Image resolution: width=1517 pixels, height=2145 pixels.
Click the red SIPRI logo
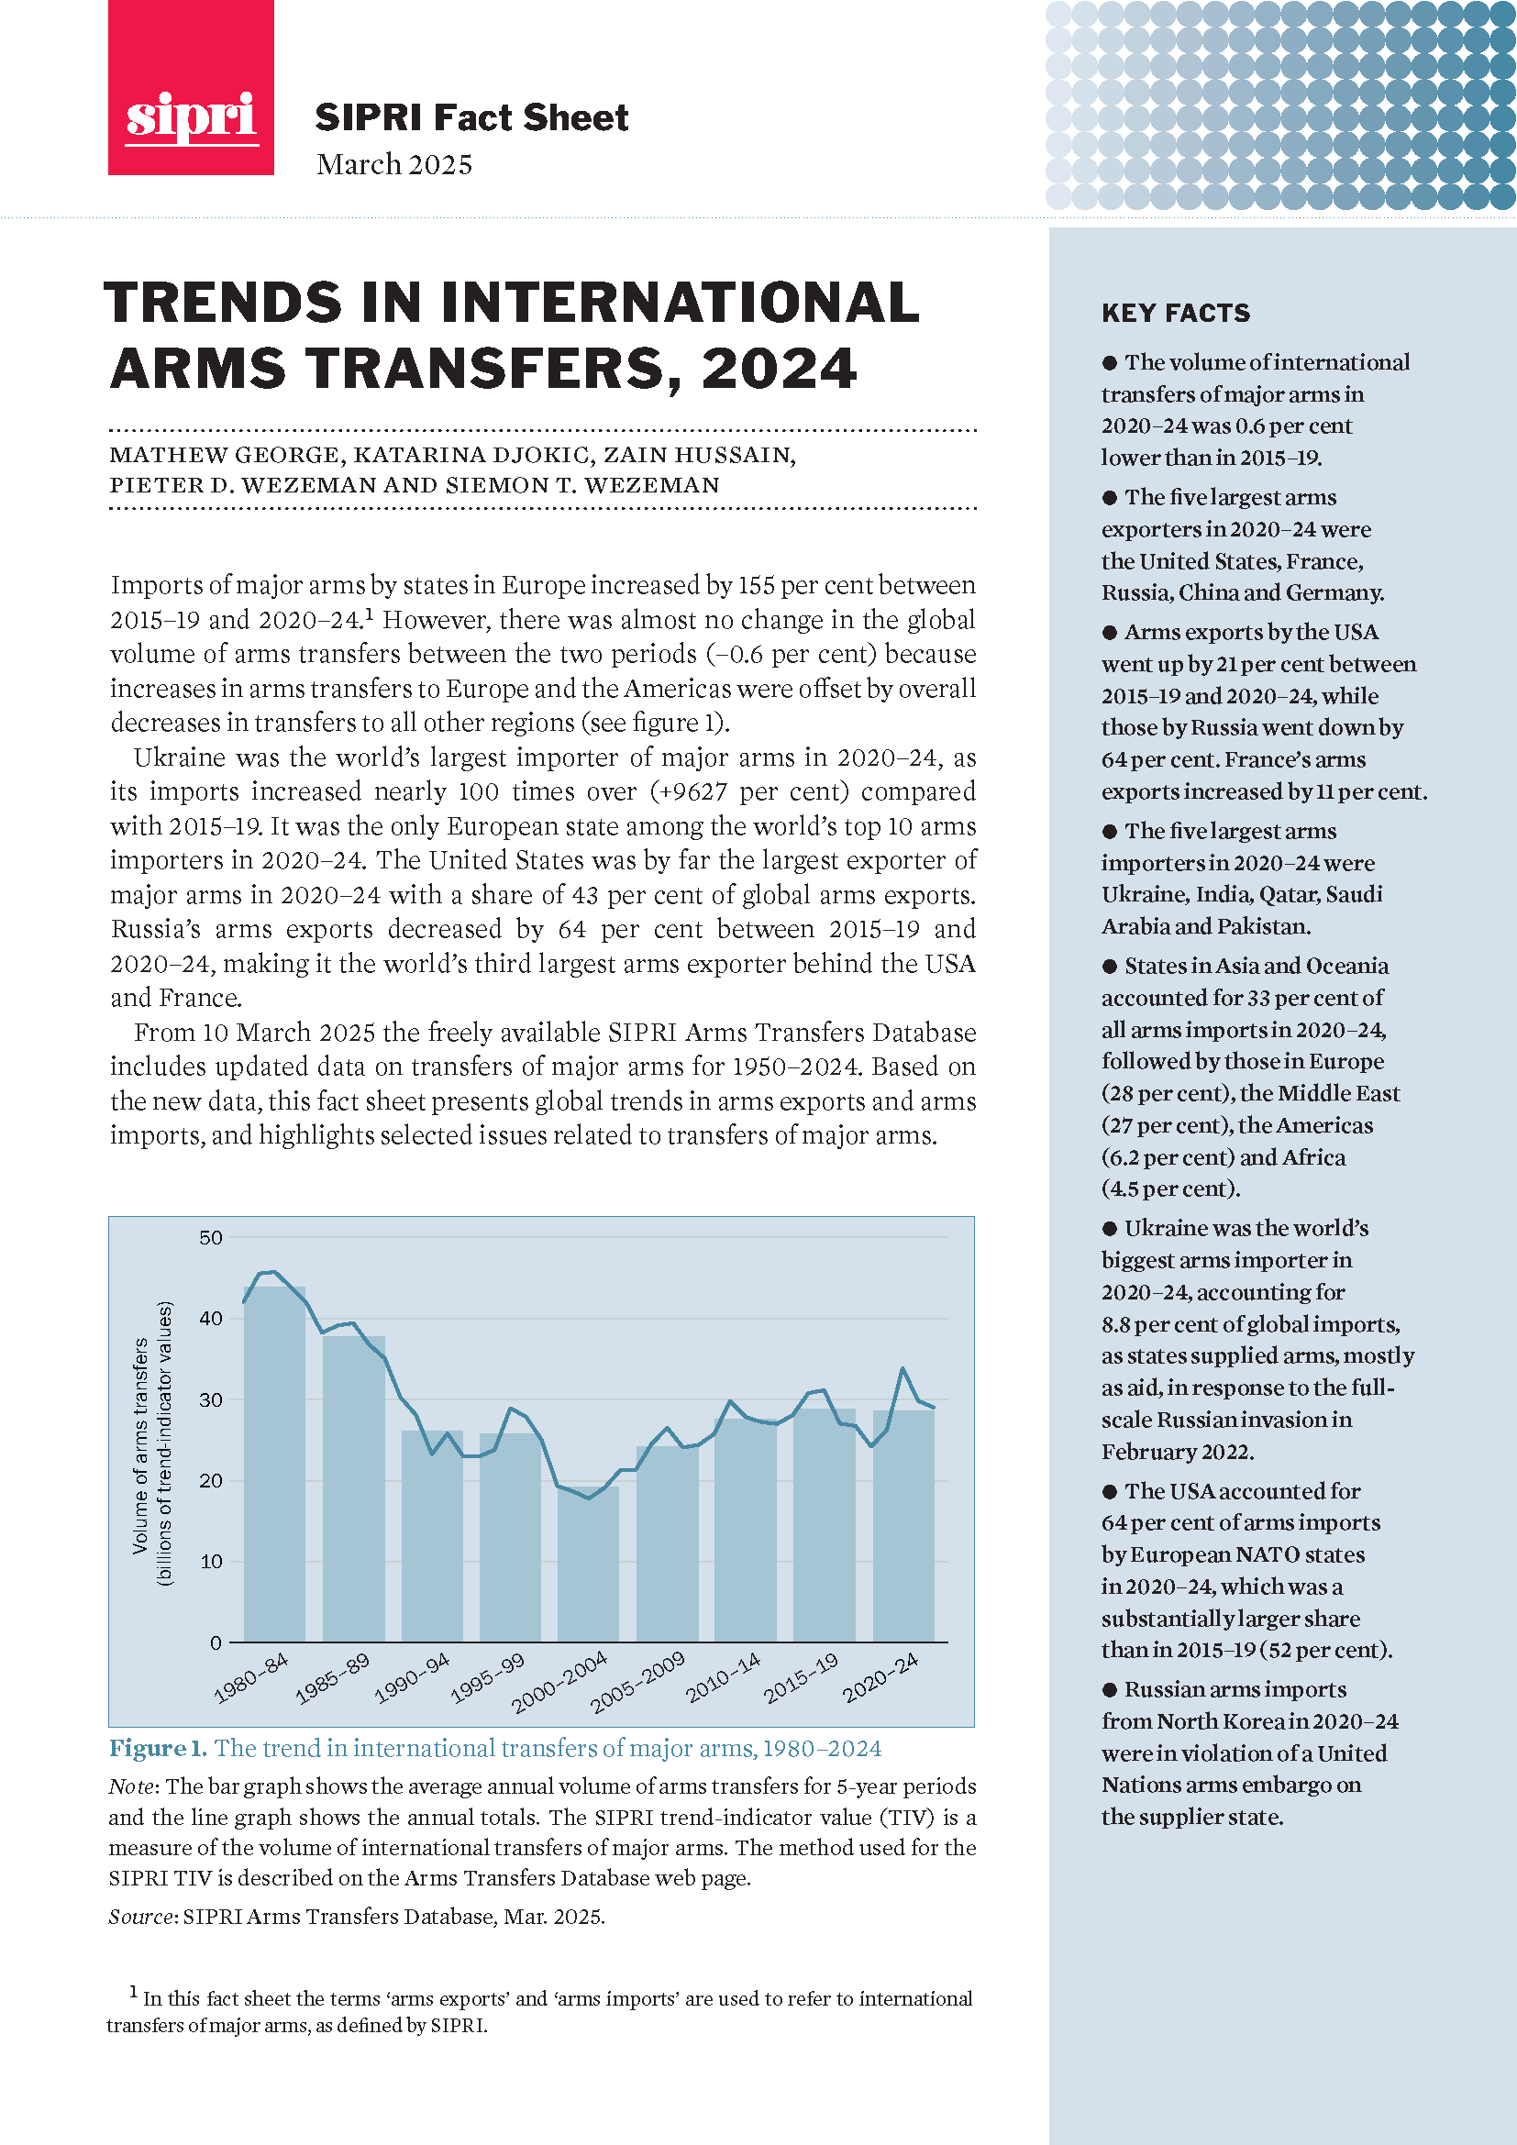[x=191, y=89]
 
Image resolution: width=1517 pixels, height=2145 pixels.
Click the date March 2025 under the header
[x=394, y=164]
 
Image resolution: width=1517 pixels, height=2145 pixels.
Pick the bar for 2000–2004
[x=588, y=1564]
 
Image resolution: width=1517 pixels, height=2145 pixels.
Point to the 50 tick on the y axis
[x=211, y=1238]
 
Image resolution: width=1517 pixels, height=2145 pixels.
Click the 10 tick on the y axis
[x=211, y=1562]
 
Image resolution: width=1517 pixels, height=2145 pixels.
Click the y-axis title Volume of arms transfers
[x=141, y=1446]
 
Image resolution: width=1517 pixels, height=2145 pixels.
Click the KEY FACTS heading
[x=1175, y=313]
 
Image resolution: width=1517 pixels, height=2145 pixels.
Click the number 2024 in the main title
[x=778, y=368]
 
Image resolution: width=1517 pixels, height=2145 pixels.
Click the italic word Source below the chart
[x=142, y=1917]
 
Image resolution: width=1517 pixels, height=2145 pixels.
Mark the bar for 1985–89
[x=353, y=1489]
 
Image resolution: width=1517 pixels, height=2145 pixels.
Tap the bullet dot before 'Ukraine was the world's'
[x=1110, y=1229]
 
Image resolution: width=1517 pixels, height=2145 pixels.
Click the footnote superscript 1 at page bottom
[x=133, y=1992]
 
